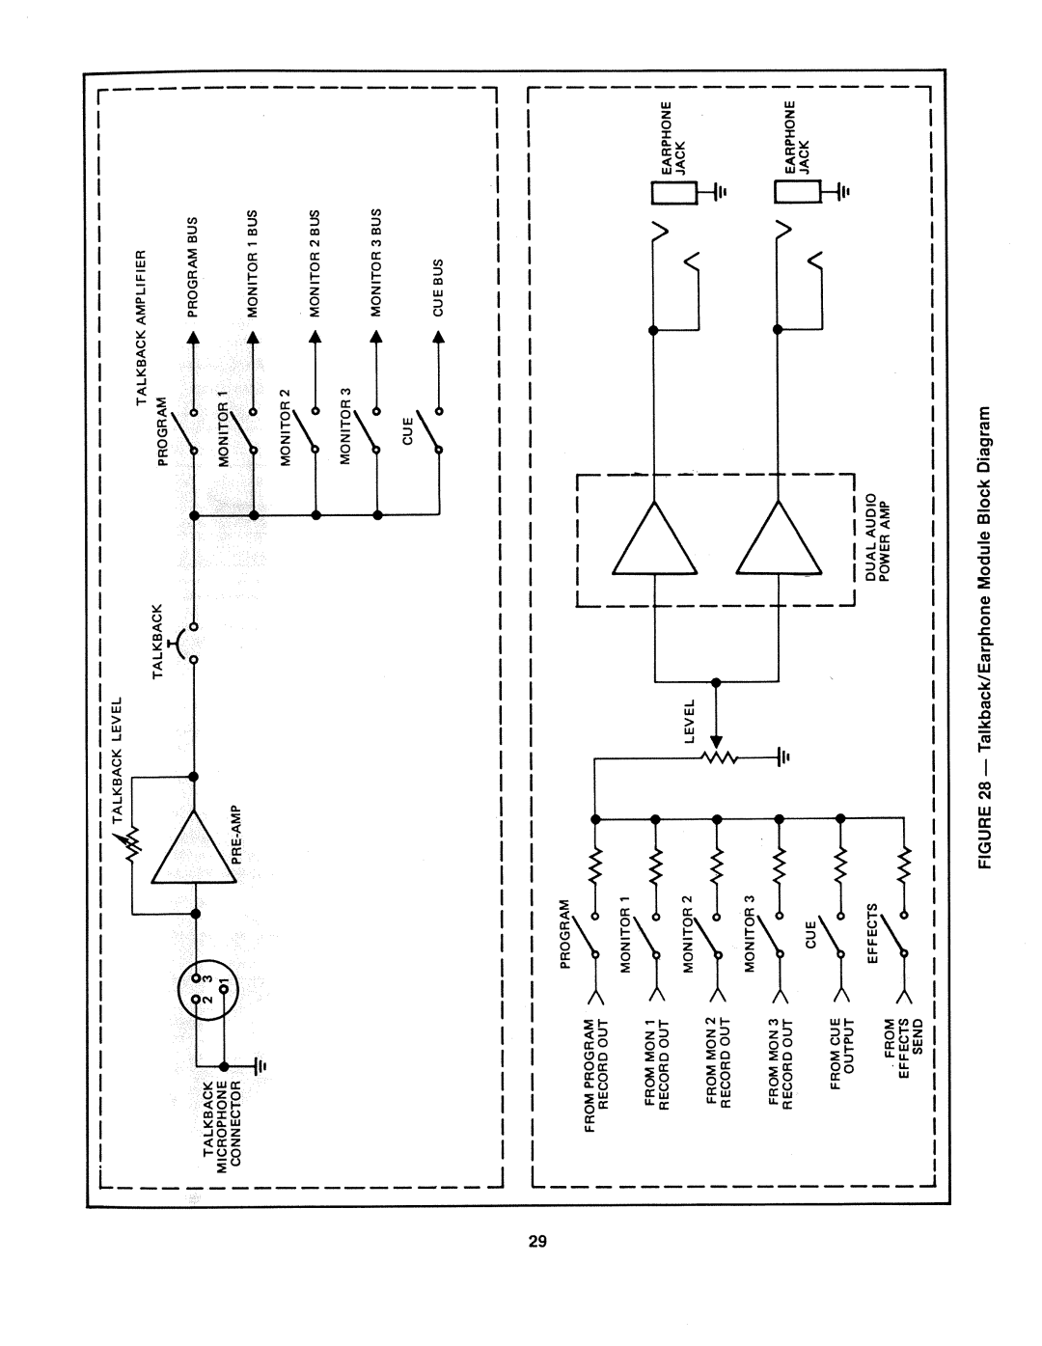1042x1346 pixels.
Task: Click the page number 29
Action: tap(537, 1241)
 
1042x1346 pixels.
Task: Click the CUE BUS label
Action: tap(438, 288)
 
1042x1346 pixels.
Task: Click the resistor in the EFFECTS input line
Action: tap(905, 863)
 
